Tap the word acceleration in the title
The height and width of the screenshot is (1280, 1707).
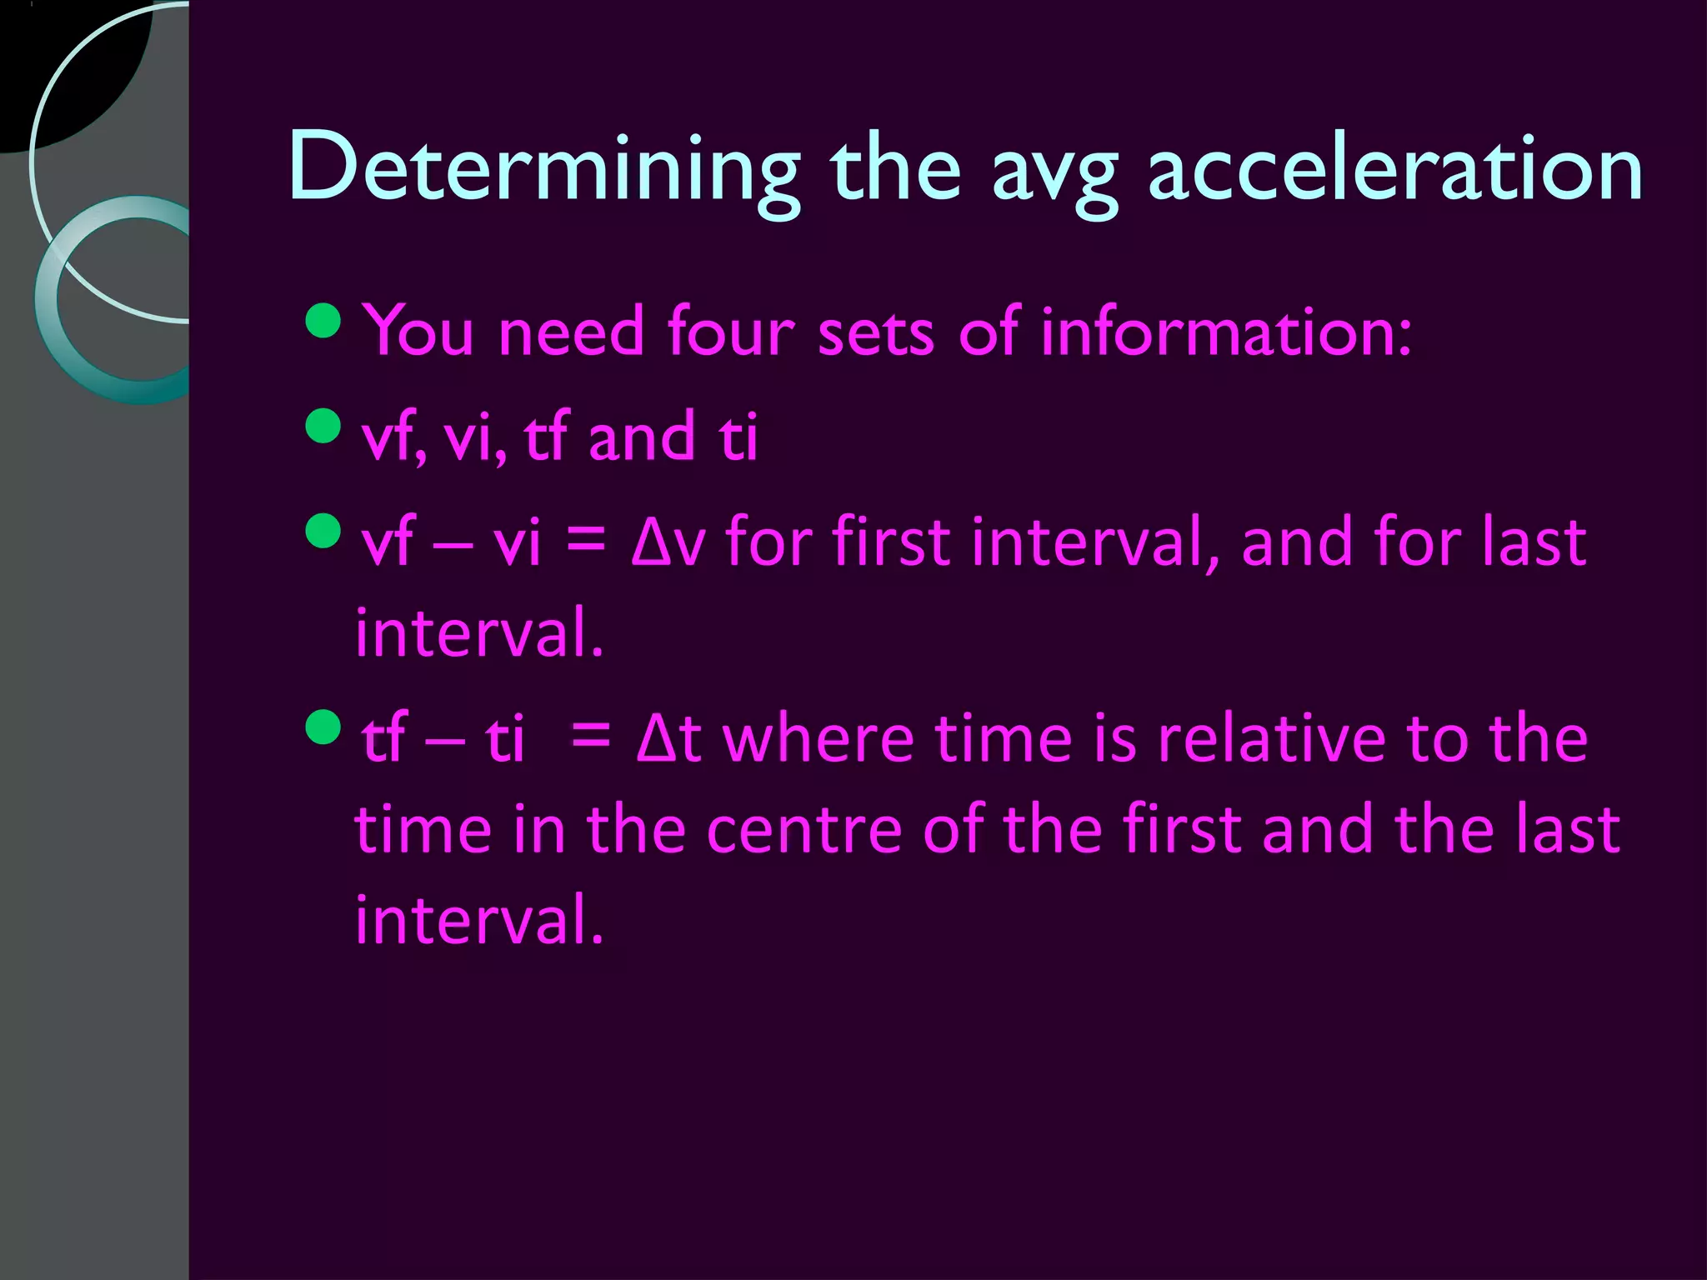(x=1394, y=169)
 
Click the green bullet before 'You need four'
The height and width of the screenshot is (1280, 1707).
(x=323, y=321)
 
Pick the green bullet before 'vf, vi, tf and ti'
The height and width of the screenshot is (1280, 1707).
(x=323, y=427)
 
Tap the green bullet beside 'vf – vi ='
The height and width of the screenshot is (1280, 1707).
(x=323, y=532)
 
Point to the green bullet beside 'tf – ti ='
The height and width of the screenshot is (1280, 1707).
(x=323, y=727)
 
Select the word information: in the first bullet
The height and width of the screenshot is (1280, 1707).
(x=1226, y=331)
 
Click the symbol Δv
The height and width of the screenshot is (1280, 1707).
(x=668, y=542)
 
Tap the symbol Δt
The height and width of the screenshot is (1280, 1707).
(x=668, y=738)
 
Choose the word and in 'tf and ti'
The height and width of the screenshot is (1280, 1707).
(x=641, y=436)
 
